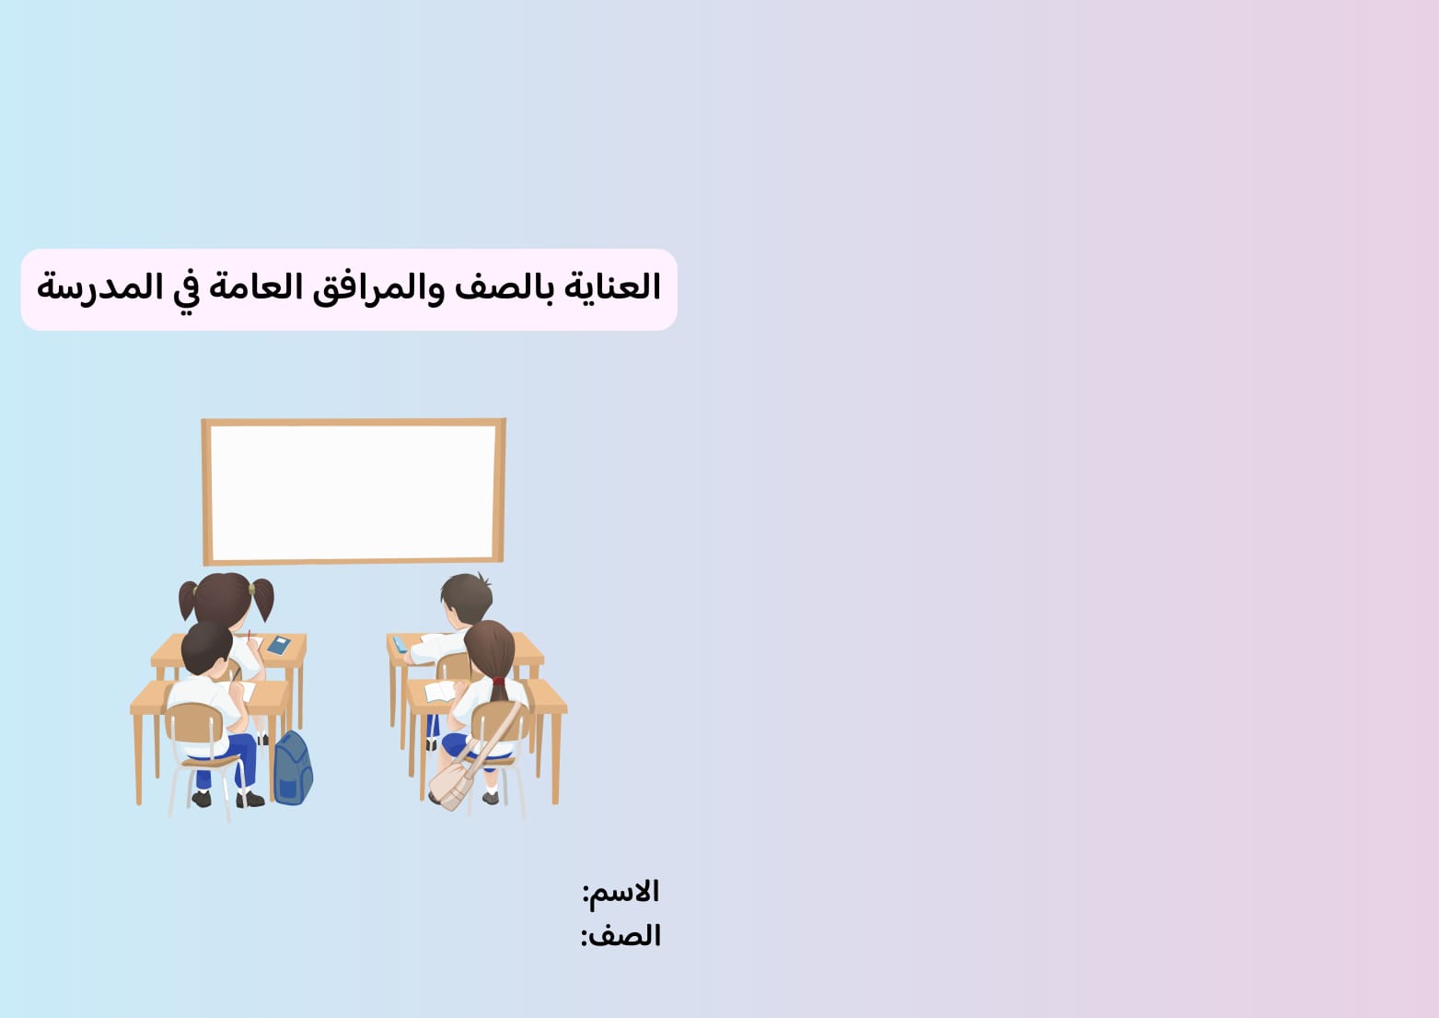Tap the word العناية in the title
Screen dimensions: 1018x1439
click(x=611, y=287)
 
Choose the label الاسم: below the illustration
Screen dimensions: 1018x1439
click(x=621, y=892)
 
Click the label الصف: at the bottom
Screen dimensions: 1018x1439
click(x=621, y=936)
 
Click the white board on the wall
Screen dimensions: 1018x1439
click(x=354, y=491)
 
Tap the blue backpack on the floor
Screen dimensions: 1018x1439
click(x=293, y=770)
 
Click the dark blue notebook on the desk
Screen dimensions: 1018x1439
click(x=278, y=645)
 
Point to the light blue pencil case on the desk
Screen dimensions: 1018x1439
click(x=400, y=644)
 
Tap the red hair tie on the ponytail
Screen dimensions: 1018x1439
click(x=498, y=682)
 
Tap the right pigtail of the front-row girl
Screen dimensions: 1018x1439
click(x=263, y=599)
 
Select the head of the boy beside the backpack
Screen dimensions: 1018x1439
click(x=207, y=647)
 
